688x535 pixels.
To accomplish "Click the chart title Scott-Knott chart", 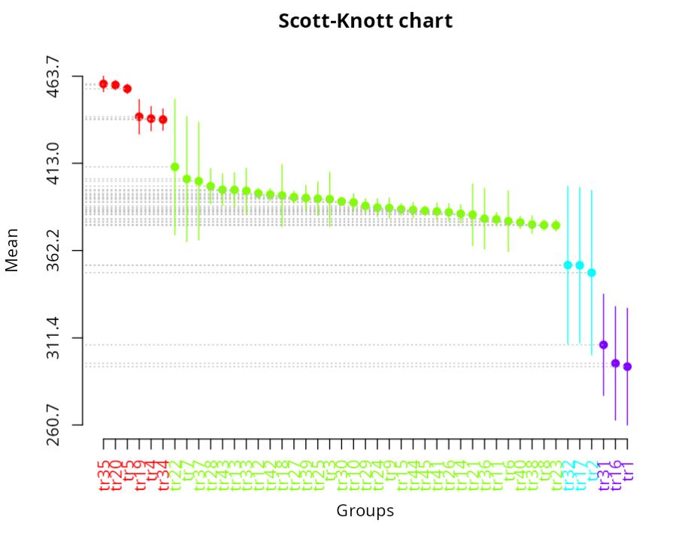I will (365, 20).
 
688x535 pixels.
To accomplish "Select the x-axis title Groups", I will (365, 512).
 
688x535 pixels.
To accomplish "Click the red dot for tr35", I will (104, 84).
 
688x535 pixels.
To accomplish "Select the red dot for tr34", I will (163, 119).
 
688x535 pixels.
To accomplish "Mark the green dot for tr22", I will (175, 167).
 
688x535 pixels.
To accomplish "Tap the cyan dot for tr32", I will (568, 265).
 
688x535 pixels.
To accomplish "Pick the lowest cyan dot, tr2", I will (592, 273).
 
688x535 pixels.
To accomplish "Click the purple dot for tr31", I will (604, 345).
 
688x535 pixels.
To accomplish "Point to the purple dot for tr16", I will (615, 364).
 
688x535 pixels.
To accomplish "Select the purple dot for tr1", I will (627, 367).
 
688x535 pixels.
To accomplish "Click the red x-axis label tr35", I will (104, 473).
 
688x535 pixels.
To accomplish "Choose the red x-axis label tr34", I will (163, 473).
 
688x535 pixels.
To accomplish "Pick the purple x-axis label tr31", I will (604, 473).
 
